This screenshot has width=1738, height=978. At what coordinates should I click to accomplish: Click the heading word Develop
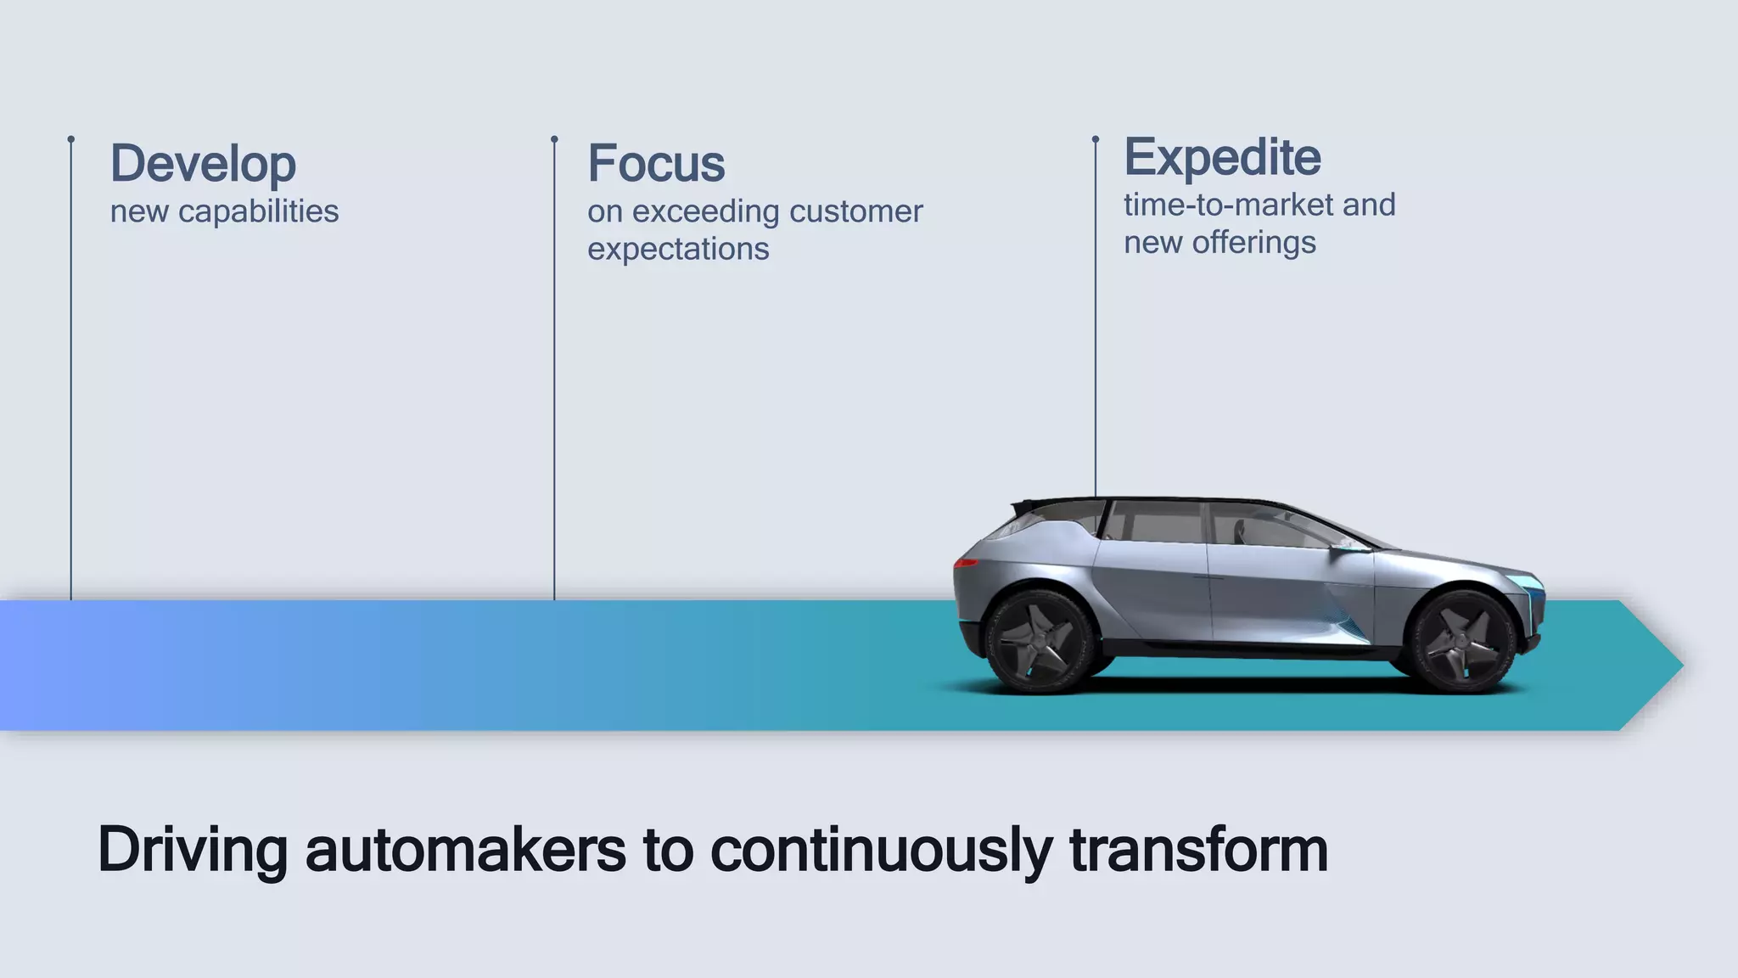pyautogui.click(x=203, y=164)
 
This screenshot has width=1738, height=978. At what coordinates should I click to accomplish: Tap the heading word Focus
pyautogui.click(x=656, y=163)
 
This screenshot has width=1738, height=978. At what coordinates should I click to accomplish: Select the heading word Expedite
pyautogui.click(x=1222, y=157)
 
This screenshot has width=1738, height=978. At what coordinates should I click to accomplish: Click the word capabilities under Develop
pyautogui.click(x=258, y=211)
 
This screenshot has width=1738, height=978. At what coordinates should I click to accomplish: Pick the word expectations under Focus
pyautogui.click(x=678, y=249)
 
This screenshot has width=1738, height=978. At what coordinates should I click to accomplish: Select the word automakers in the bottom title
pyautogui.click(x=465, y=850)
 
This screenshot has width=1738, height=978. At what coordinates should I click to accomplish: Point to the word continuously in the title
pyautogui.click(x=880, y=850)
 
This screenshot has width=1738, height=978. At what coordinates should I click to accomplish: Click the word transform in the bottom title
pyautogui.click(x=1198, y=850)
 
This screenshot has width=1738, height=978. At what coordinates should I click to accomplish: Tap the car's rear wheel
pyautogui.click(x=1040, y=641)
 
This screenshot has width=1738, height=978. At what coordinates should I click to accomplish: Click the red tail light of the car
pyautogui.click(x=965, y=562)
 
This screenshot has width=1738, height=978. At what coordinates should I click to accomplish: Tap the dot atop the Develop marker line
pyautogui.click(x=71, y=139)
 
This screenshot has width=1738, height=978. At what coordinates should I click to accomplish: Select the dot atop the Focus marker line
pyautogui.click(x=554, y=139)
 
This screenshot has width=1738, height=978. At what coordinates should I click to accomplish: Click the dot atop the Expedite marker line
pyautogui.click(x=1095, y=139)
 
